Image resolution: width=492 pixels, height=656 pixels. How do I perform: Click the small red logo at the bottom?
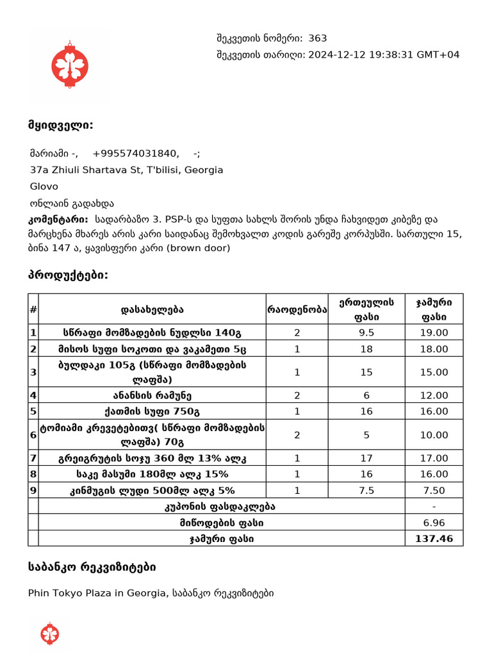[x=50, y=633]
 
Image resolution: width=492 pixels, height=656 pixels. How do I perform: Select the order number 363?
[x=317, y=38]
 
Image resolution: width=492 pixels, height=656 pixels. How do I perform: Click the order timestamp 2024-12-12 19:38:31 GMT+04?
[x=384, y=54]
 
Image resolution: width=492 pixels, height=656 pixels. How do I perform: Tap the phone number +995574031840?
[x=135, y=153]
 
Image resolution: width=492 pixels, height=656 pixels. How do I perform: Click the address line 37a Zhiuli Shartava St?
[x=126, y=170]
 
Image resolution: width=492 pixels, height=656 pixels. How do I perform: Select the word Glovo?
[x=44, y=186]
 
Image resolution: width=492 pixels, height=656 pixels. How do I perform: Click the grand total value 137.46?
[x=434, y=539]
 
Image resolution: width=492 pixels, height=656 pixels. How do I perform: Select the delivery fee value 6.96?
[x=434, y=523]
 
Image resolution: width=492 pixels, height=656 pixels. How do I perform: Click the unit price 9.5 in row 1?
[x=366, y=333]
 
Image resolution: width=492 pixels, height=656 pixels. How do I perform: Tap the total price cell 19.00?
[x=434, y=333]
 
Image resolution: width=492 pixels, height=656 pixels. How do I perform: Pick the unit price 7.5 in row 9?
[x=366, y=490]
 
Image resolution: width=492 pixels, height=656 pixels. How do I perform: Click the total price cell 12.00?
[x=434, y=395]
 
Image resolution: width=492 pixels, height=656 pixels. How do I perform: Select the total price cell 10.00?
[x=434, y=435]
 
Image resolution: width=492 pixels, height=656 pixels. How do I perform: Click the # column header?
[x=33, y=309]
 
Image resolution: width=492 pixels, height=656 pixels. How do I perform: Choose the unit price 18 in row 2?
[x=366, y=349]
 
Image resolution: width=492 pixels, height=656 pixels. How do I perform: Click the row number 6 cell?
[x=33, y=435]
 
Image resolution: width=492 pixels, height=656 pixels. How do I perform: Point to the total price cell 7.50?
[x=434, y=490]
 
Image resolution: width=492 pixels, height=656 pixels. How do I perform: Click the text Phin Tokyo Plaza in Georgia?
[x=97, y=593]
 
